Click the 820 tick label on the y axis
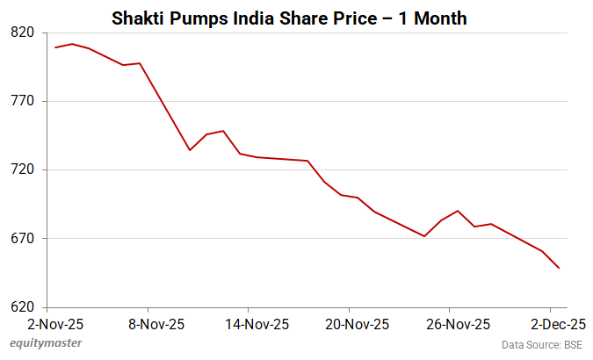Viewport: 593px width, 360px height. click(x=22, y=32)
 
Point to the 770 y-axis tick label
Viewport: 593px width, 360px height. click(x=22, y=101)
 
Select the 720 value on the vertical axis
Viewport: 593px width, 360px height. click(x=22, y=169)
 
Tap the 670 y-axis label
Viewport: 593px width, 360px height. click(x=22, y=238)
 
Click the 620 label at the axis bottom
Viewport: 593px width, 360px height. click(x=22, y=307)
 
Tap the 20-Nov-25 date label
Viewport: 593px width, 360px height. click(x=349, y=323)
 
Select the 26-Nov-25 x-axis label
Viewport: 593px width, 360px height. click(x=450, y=323)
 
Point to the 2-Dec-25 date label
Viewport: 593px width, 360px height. click(x=551, y=323)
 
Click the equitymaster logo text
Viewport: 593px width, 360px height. click(x=46, y=343)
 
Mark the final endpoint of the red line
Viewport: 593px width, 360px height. click(x=559, y=268)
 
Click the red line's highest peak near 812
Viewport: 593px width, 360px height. click(x=72, y=44)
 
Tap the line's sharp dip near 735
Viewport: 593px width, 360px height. click(x=190, y=150)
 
